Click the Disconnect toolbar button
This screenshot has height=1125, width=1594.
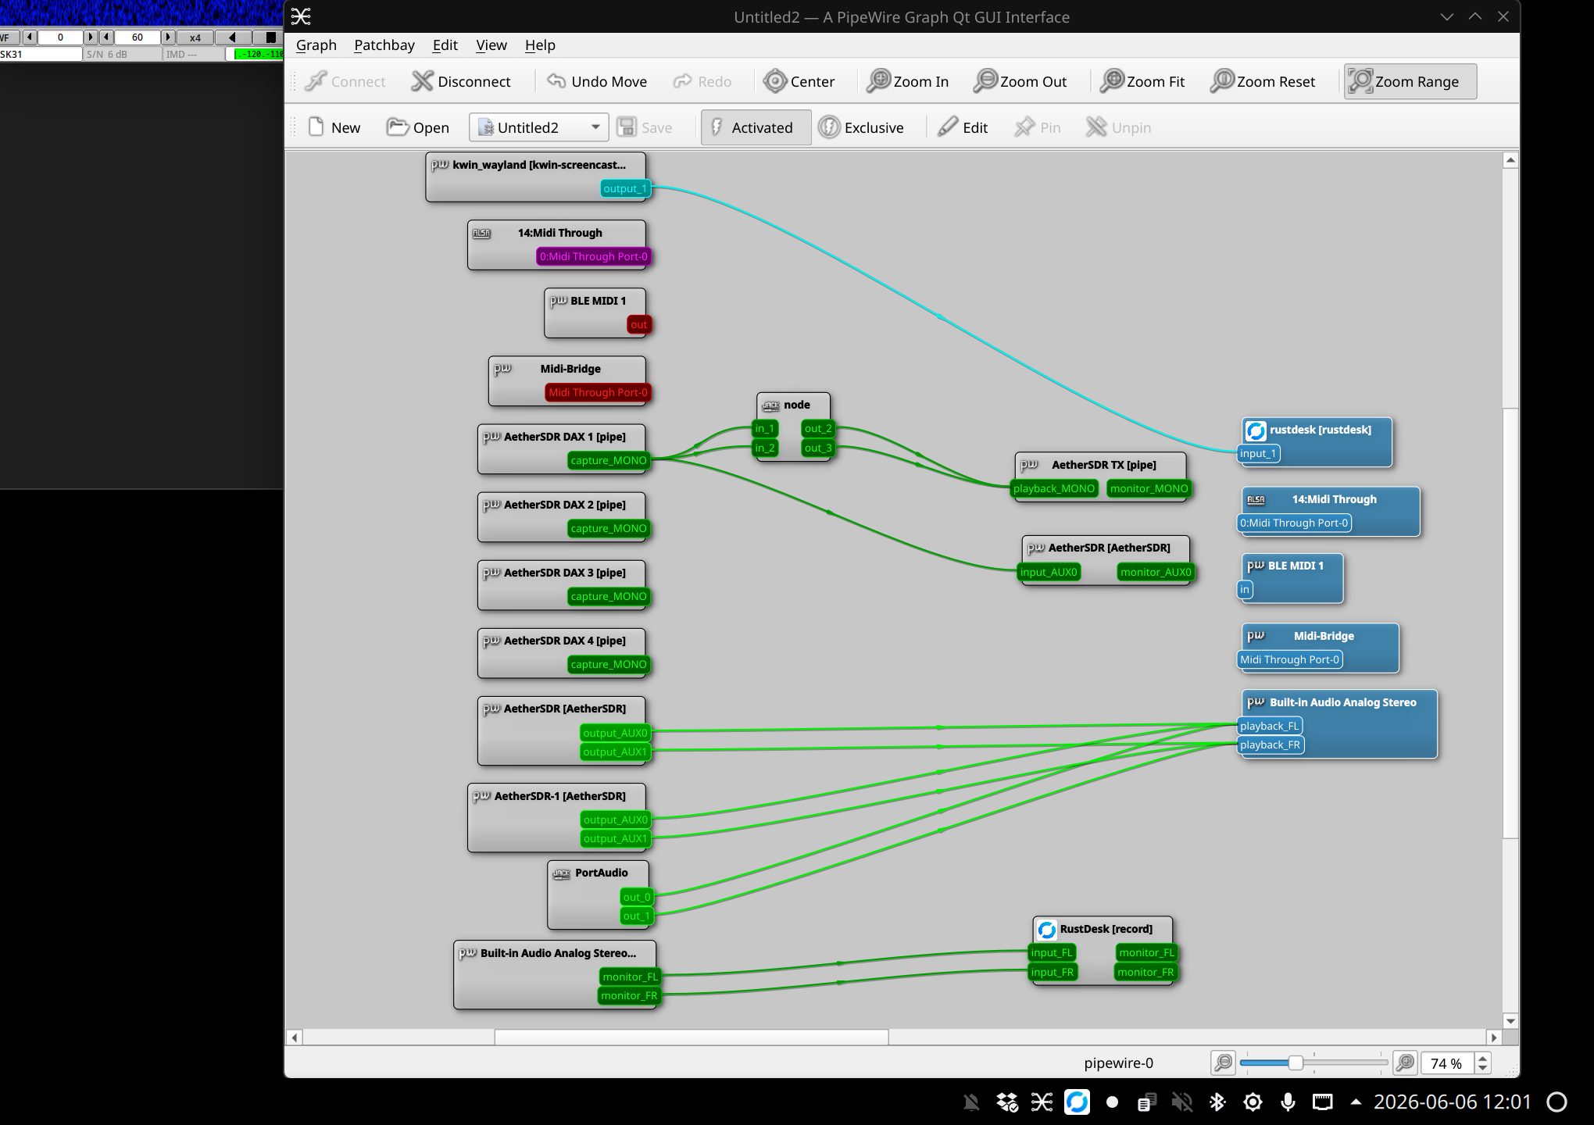click(x=461, y=81)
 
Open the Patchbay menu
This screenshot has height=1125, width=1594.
click(x=384, y=45)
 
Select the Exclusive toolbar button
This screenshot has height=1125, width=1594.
click(x=861, y=127)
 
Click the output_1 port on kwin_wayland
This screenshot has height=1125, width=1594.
click(x=625, y=188)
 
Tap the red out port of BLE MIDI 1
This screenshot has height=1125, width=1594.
click(x=638, y=324)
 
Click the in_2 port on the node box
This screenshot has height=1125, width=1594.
click(x=765, y=448)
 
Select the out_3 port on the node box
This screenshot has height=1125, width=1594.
click(x=818, y=448)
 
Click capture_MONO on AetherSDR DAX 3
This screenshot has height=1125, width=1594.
click(x=609, y=596)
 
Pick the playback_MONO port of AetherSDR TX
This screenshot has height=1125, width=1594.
click(x=1054, y=488)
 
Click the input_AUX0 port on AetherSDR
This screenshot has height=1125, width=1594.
click(x=1049, y=572)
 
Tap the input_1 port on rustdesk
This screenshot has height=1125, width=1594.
click(x=1258, y=453)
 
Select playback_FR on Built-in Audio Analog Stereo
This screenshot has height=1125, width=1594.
click(x=1270, y=745)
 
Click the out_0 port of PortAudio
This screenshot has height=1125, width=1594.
click(x=637, y=897)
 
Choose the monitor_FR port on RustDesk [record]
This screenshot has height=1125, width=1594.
click(x=1145, y=972)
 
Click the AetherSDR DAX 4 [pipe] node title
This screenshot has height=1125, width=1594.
click(x=565, y=641)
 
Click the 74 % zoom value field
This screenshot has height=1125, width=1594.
click(x=1446, y=1063)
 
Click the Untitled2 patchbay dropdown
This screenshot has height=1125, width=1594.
click(x=539, y=127)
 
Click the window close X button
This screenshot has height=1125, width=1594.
click(x=1503, y=16)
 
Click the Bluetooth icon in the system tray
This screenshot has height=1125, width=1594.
click(x=1217, y=1102)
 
